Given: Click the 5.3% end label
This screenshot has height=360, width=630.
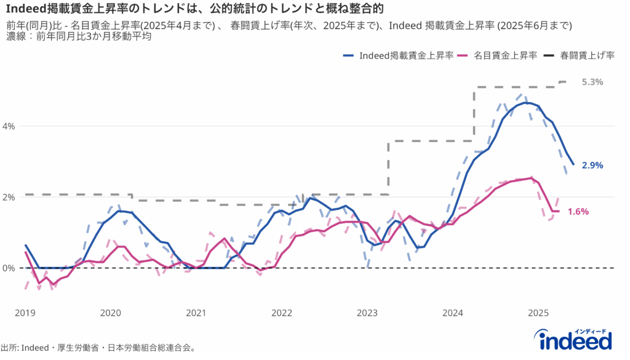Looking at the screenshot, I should [592, 82].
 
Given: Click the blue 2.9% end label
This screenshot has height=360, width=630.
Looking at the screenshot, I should [592, 165].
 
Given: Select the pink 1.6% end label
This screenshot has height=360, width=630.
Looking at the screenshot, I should [578, 211].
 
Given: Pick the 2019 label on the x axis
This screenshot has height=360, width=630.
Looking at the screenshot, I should [25, 313].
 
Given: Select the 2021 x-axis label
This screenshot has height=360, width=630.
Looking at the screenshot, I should [196, 313].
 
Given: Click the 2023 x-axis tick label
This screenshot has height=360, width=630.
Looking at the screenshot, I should [367, 313].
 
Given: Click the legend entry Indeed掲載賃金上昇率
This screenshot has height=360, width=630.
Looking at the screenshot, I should [406, 55].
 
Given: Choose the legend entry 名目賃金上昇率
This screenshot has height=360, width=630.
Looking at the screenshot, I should [506, 55].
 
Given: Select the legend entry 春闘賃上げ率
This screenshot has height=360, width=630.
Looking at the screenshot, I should [587, 55].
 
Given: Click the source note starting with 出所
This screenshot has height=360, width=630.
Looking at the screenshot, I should [98, 348].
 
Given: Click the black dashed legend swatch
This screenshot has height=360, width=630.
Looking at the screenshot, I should [549, 55].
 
